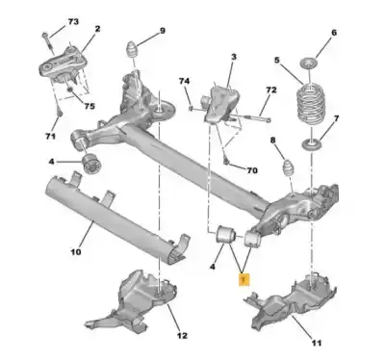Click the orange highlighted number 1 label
(245, 280)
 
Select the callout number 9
(162, 30)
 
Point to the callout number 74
(184, 83)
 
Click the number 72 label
(270, 90)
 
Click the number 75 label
(90, 107)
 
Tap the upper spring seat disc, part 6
(307, 64)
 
